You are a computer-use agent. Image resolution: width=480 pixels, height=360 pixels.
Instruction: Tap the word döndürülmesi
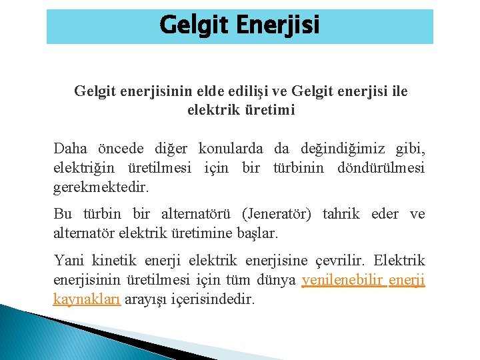click(385, 168)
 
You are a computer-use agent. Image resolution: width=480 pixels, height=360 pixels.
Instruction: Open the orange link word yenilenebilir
click(342, 280)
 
